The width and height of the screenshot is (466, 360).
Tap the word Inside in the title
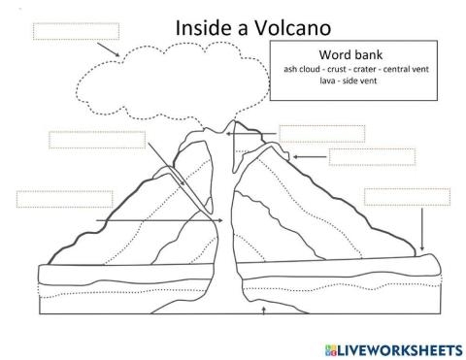click(x=204, y=28)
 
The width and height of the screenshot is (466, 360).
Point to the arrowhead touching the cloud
click(x=116, y=53)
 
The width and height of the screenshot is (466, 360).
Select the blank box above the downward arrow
click(x=407, y=196)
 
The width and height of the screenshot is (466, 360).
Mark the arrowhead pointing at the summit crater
click(x=229, y=135)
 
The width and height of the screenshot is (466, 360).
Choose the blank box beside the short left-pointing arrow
click(x=372, y=157)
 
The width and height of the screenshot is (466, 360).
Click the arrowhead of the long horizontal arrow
click(x=223, y=221)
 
